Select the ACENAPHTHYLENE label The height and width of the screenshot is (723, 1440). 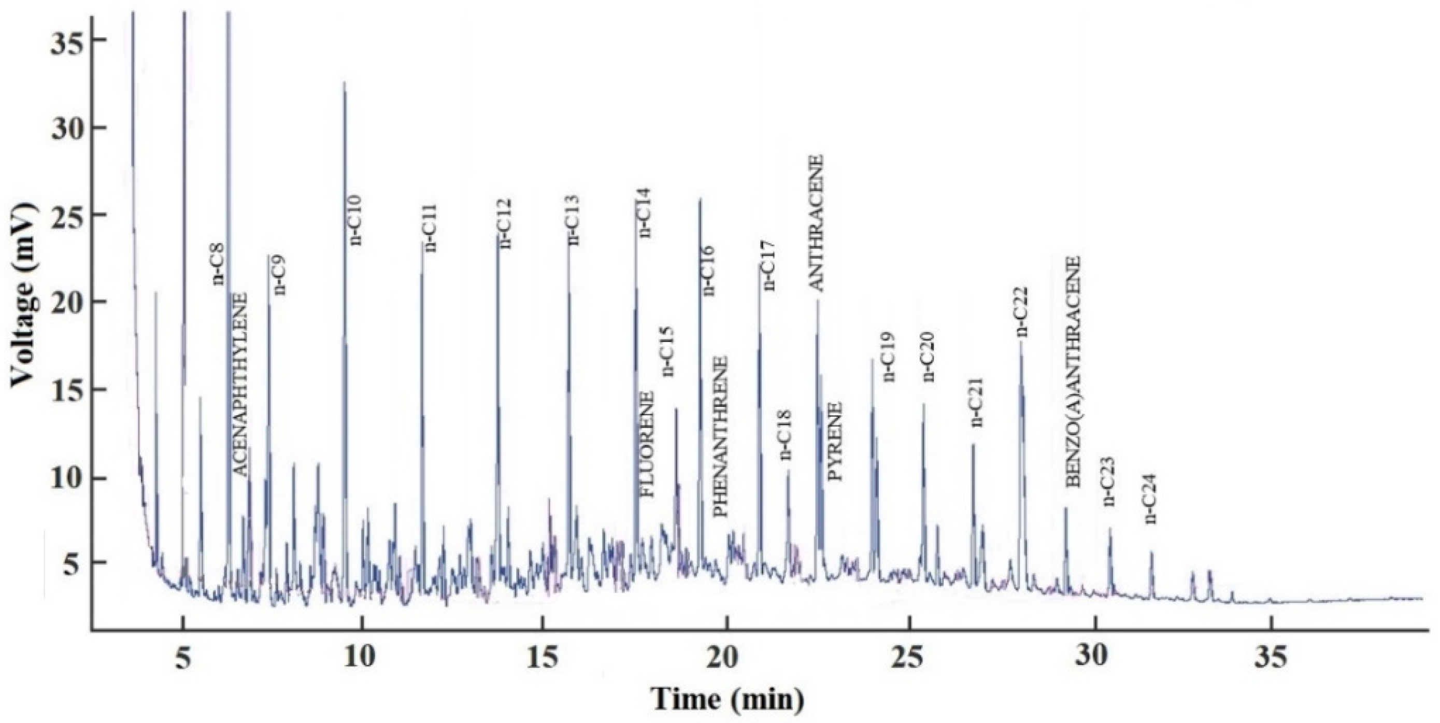click(239, 384)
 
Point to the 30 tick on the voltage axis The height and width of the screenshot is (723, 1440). click(66, 128)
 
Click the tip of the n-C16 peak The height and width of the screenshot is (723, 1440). click(700, 199)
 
